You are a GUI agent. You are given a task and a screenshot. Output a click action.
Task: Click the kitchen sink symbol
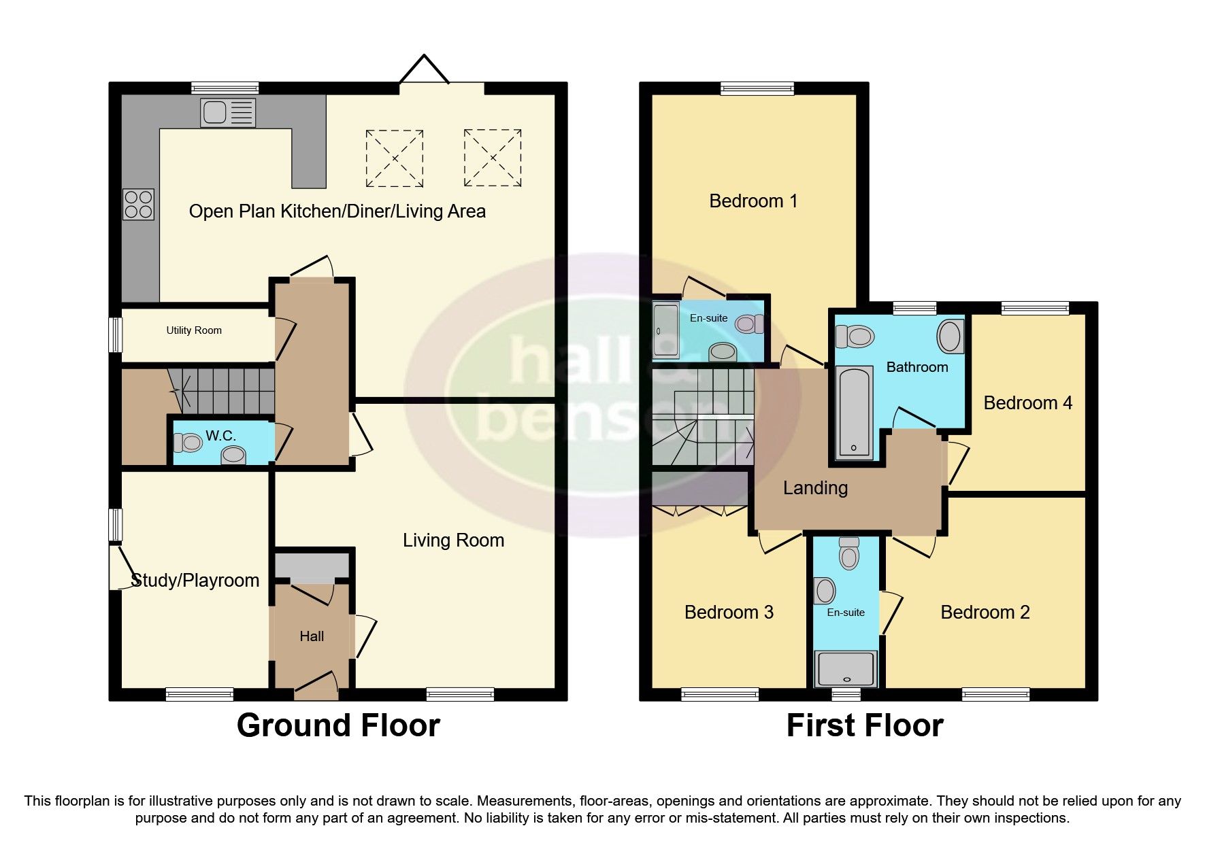click(228, 113)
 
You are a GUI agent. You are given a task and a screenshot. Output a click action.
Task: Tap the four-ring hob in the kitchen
click(139, 205)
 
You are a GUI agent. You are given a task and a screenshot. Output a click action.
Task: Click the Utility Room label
click(194, 330)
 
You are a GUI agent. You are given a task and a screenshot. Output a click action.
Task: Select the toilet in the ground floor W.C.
click(188, 443)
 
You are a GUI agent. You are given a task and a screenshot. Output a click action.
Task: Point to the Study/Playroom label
click(195, 580)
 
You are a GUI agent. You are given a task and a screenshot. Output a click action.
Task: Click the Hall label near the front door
click(312, 636)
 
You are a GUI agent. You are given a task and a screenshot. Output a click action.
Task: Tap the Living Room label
click(453, 540)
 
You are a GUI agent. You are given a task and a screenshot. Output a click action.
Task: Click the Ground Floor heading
click(338, 725)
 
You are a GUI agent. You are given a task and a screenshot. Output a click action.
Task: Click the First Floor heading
click(864, 725)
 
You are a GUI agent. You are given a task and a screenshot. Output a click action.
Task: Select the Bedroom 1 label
click(753, 201)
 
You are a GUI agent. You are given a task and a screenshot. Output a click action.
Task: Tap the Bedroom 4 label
click(1027, 403)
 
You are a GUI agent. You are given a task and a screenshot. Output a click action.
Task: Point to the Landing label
click(815, 488)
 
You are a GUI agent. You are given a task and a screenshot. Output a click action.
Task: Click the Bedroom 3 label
click(729, 613)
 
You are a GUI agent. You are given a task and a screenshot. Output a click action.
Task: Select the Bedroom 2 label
click(985, 613)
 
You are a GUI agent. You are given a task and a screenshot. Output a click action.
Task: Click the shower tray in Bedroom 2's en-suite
click(846, 668)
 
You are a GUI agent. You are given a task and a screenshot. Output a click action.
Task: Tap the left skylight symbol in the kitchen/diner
click(395, 158)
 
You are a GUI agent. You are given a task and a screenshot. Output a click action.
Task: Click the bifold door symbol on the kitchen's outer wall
click(425, 70)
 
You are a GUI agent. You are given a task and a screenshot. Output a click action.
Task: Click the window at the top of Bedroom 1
click(757, 88)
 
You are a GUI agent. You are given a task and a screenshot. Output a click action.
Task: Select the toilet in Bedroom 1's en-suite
click(749, 324)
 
